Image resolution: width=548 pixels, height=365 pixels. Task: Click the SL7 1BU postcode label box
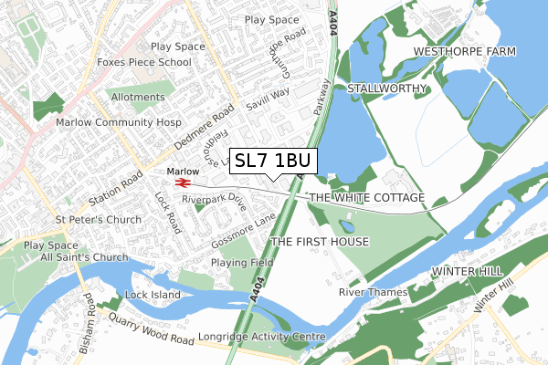[x=273, y=161]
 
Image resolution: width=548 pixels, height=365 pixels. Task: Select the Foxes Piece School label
[x=145, y=63]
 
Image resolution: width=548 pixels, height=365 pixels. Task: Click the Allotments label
[x=137, y=96]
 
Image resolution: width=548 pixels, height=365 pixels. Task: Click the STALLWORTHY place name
[x=388, y=89]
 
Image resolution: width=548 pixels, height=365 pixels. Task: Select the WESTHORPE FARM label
[x=464, y=51]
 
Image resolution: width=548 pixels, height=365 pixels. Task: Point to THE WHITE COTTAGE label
[x=367, y=198]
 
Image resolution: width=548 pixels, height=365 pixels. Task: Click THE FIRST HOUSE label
[x=320, y=242]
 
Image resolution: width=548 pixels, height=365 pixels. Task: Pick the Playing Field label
[x=242, y=263]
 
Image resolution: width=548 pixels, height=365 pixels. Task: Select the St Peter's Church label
[x=98, y=220]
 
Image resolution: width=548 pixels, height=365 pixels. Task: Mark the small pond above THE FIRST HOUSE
[x=346, y=225]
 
